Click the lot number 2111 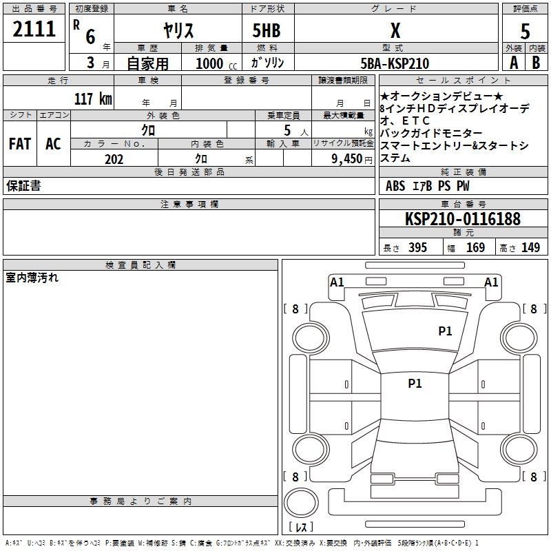[x=34, y=29]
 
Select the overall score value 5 [x=525, y=32]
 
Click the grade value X [x=395, y=31]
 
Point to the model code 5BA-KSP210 [x=395, y=63]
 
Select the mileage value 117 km [x=92, y=98]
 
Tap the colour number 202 [x=114, y=159]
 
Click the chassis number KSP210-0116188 [x=462, y=219]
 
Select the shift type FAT [x=19, y=144]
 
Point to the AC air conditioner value [x=53, y=144]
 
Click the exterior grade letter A [x=513, y=63]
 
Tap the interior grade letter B [x=536, y=63]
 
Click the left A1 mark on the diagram [x=337, y=282]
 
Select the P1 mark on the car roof [x=415, y=384]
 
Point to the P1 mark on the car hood [x=446, y=331]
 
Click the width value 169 [x=475, y=248]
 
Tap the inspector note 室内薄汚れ [x=32, y=278]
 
